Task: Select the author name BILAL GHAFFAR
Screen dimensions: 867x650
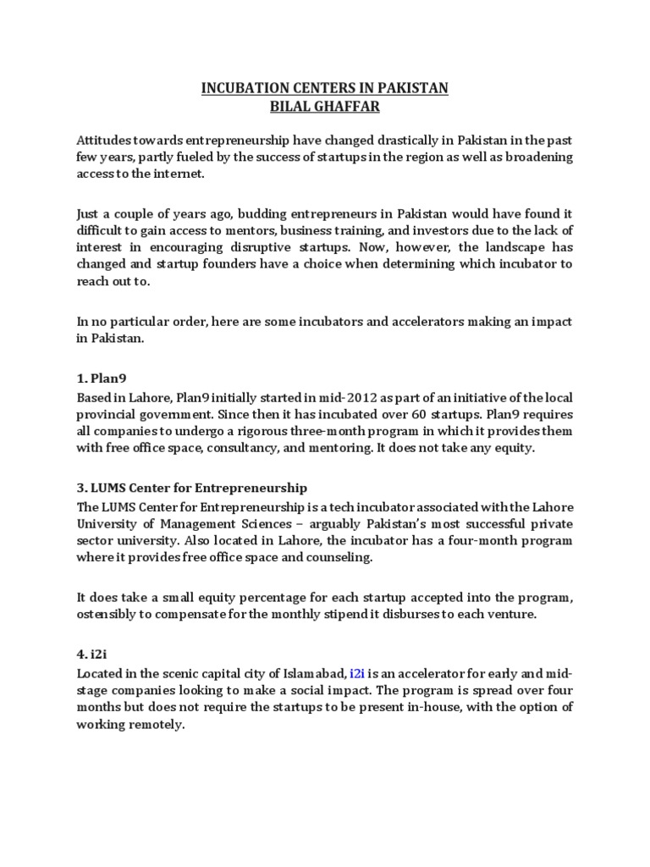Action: pyautogui.click(x=325, y=106)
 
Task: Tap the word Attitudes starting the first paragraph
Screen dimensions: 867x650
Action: pyautogui.click(x=106, y=141)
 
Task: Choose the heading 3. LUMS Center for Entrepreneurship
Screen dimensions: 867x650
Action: pyautogui.click(x=192, y=488)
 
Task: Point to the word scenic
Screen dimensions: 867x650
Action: pyautogui.click(x=188, y=673)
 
